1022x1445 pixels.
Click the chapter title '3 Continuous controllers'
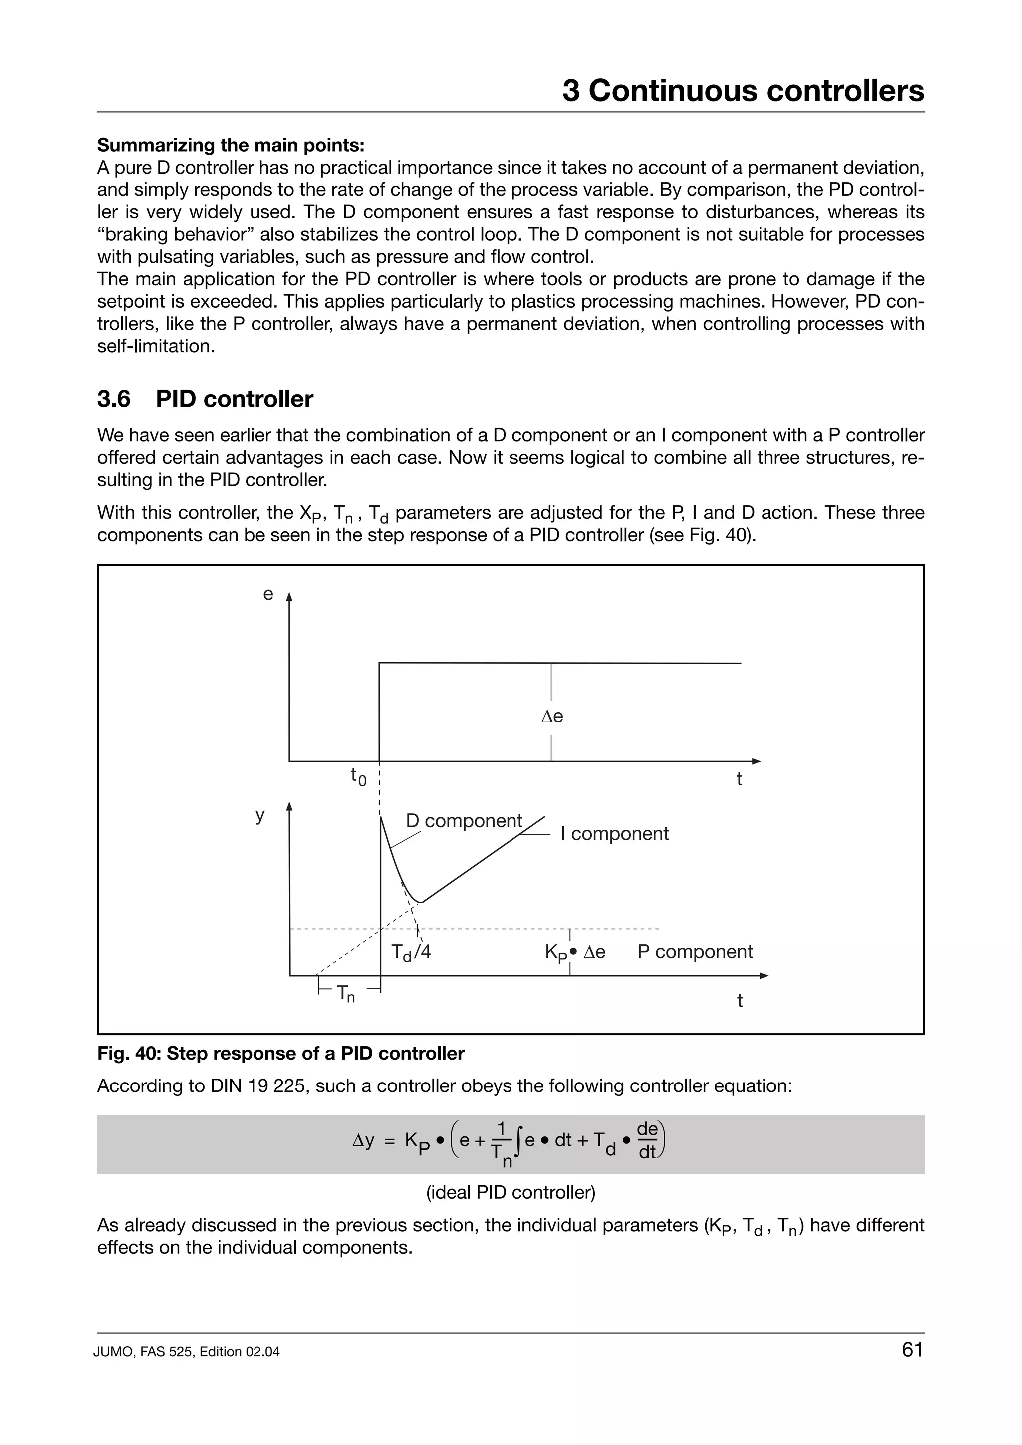[x=743, y=91]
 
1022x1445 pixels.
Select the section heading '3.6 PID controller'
[x=205, y=399]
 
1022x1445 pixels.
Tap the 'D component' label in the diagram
[x=464, y=821]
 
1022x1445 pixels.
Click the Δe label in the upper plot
[x=552, y=716]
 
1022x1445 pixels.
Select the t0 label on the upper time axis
[x=358, y=777]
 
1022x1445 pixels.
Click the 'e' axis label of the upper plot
[x=268, y=594]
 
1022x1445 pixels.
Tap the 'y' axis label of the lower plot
[x=260, y=815]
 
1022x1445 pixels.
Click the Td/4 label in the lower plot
[x=411, y=953]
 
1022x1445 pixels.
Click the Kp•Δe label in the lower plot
[x=574, y=953]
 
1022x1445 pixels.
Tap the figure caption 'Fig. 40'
[x=280, y=1054]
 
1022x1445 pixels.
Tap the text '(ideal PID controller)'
[x=511, y=1192]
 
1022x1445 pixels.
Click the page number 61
[x=912, y=1349]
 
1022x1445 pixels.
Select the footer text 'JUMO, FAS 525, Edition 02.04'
[x=187, y=1352]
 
